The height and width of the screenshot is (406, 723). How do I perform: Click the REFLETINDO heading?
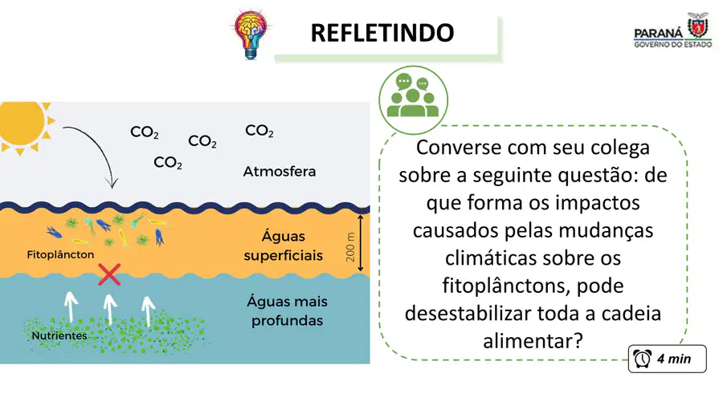(x=382, y=33)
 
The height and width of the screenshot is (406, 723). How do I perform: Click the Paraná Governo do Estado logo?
(x=672, y=30)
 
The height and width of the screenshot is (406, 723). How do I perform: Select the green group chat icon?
(x=413, y=99)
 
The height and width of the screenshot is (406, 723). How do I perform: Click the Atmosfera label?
(x=280, y=172)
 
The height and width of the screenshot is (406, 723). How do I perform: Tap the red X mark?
(x=109, y=274)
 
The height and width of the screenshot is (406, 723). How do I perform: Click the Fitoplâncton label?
(x=60, y=254)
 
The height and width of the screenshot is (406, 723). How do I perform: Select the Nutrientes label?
(x=59, y=335)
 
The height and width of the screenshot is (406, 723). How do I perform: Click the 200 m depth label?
(x=350, y=247)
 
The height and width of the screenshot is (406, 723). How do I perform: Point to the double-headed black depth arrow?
(x=361, y=242)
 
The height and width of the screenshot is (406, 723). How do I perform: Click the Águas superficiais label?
(x=283, y=246)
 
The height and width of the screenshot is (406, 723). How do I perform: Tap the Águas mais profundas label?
(x=288, y=311)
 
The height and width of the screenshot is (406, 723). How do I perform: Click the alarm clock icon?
(x=643, y=359)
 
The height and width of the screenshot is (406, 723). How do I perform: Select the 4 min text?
(x=674, y=359)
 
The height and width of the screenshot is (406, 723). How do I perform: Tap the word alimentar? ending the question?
(x=533, y=341)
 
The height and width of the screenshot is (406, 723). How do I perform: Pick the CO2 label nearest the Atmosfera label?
(x=259, y=131)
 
